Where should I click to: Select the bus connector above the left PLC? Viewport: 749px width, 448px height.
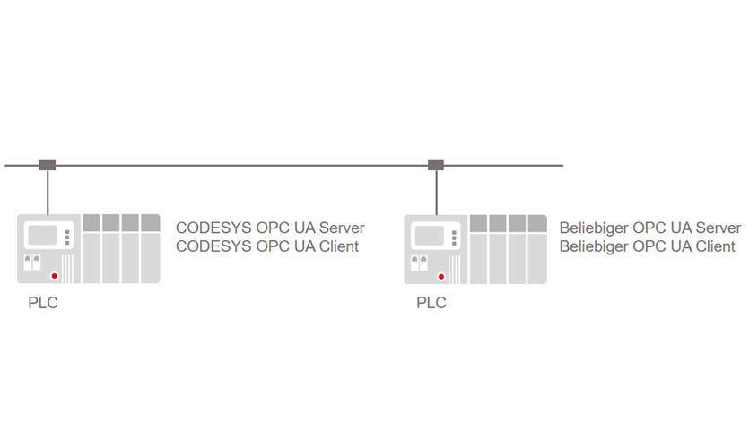(x=47, y=165)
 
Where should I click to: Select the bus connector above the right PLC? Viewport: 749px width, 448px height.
(x=436, y=165)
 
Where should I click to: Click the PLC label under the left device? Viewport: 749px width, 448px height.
(x=42, y=304)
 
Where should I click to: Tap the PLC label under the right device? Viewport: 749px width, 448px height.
(x=431, y=304)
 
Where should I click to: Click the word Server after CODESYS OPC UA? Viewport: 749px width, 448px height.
(x=342, y=228)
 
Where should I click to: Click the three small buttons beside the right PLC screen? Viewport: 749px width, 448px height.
(x=456, y=237)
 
